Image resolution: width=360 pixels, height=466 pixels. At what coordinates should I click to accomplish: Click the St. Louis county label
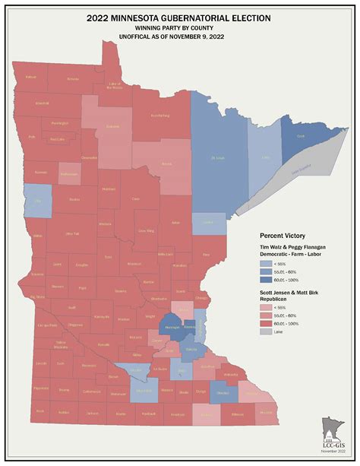(x=217, y=158)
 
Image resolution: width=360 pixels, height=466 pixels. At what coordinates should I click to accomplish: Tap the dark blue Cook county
(x=298, y=136)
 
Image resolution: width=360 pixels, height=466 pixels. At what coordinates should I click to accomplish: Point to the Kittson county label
(x=31, y=78)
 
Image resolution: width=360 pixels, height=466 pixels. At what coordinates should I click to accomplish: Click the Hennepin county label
(x=172, y=328)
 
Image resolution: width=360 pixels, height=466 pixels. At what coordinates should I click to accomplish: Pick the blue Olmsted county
(x=219, y=393)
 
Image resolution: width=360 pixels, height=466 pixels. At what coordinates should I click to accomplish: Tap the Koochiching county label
(x=159, y=116)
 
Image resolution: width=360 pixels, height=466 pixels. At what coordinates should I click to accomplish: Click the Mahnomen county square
(x=68, y=173)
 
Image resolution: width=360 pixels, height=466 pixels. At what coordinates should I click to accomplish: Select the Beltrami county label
(x=112, y=125)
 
